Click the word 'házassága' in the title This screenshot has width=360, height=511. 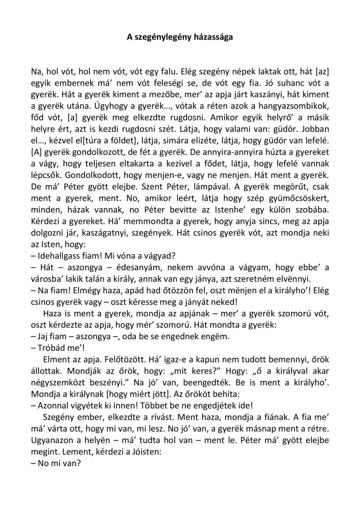(x=213, y=37)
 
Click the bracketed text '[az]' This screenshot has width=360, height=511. (x=323, y=72)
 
